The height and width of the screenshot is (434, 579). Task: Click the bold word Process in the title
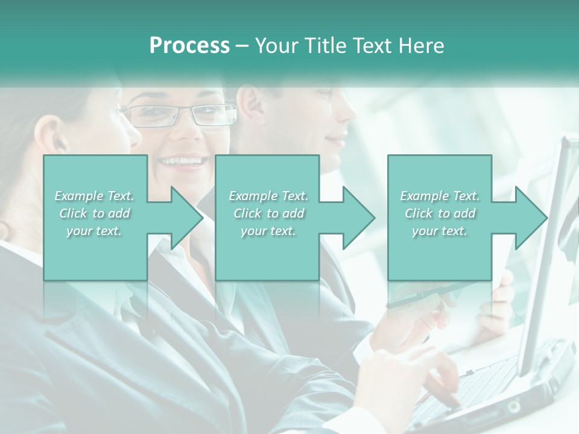189,46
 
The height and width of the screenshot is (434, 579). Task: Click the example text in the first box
95,213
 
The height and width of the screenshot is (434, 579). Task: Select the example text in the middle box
268,213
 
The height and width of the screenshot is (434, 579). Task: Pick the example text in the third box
440,213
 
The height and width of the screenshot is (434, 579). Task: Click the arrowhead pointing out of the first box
180,218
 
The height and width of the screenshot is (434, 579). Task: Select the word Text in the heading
372,46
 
